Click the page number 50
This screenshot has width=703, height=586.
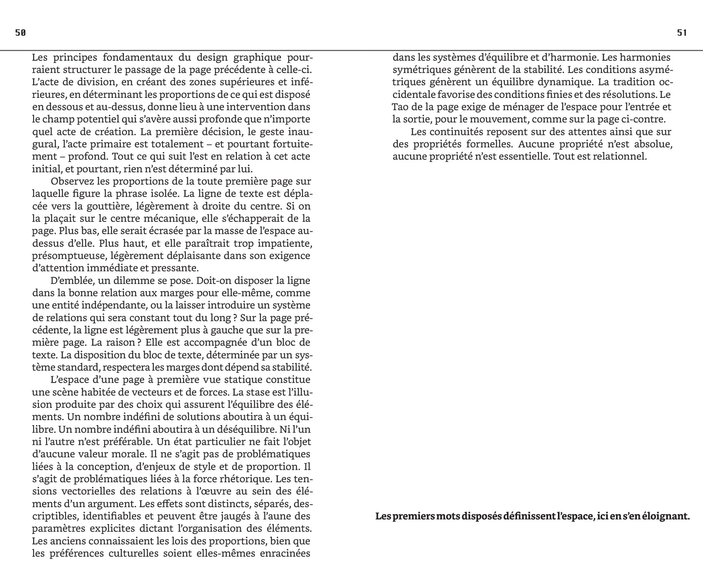20,33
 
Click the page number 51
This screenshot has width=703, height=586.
682,33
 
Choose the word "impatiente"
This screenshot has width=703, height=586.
286,243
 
